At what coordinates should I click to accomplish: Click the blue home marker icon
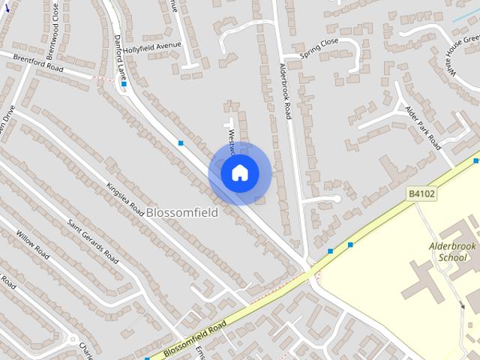point(239,173)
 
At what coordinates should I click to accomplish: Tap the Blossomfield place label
point(182,212)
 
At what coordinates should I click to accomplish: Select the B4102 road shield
point(421,194)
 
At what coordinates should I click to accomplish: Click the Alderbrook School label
point(448,252)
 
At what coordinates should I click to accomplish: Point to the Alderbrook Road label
point(285,91)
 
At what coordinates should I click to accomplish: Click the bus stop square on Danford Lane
point(124,84)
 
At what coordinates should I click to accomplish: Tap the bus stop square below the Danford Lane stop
point(181,142)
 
